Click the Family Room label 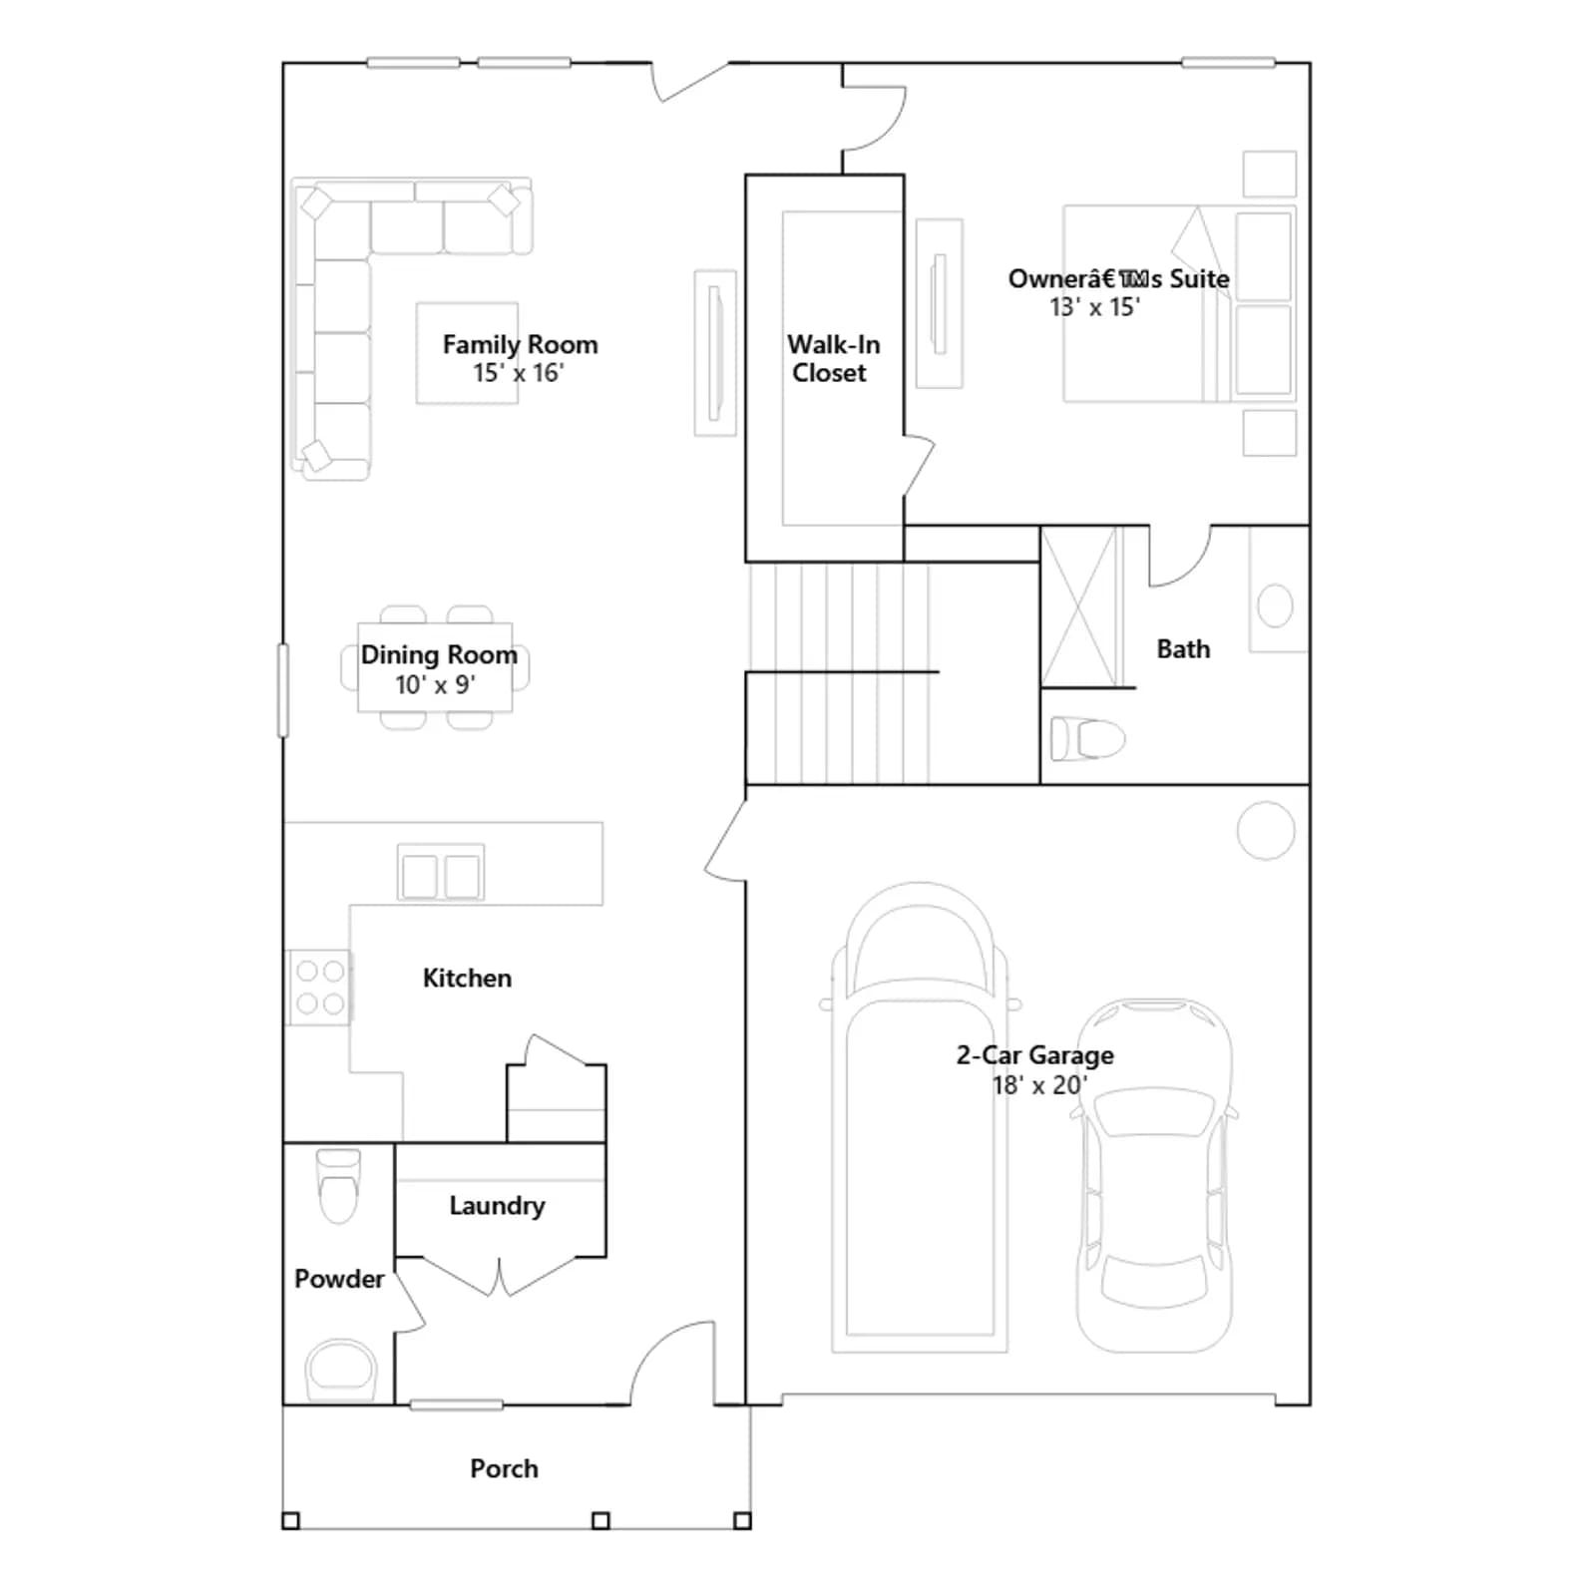click(x=520, y=344)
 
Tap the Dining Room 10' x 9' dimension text click(x=435, y=684)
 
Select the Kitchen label click(x=467, y=978)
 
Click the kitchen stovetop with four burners click(x=319, y=987)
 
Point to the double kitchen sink click(x=441, y=875)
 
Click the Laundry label click(x=497, y=1205)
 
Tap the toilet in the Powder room click(x=338, y=1185)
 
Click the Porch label click(x=504, y=1468)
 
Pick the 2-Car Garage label click(x=1034, y=1054)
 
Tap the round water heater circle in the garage click(x=1266, y=830)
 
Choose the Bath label click(x=1183, y=648)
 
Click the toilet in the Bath click(x=1087, y=739)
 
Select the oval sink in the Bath click(x=1275, y=605)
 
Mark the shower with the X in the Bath click(x=1079, y=606)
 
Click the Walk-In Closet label click(x=833, y=358)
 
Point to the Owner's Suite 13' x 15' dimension click(x=1094, y=307)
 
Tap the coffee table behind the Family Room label click(x=467, y=353)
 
